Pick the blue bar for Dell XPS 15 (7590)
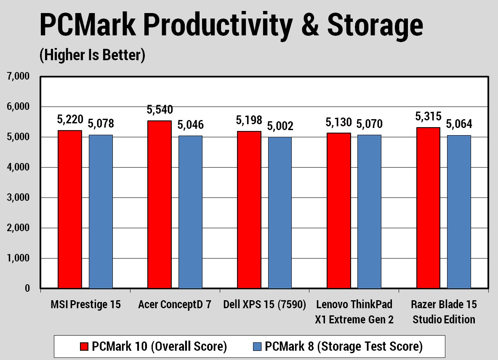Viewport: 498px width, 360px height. [280, 213]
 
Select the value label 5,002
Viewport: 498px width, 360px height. [281, 126]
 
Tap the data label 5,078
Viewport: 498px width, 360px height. [101, 124]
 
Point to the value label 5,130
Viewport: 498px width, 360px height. [338, 123]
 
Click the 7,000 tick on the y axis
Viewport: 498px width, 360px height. [18, 77]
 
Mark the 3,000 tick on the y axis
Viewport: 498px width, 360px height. [18, 198]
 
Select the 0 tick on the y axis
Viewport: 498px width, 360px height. [27, 288]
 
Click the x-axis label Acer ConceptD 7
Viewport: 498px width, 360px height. [175, 304]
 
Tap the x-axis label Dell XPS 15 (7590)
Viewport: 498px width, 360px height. [265, 304]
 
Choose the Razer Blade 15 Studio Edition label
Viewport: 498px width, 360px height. [444, 312]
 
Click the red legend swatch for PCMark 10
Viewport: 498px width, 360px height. [84, 347]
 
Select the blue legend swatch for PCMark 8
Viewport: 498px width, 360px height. [258, 347]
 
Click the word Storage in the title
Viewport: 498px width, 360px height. [375, 25]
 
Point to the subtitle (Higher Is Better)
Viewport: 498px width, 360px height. [92, 55]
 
